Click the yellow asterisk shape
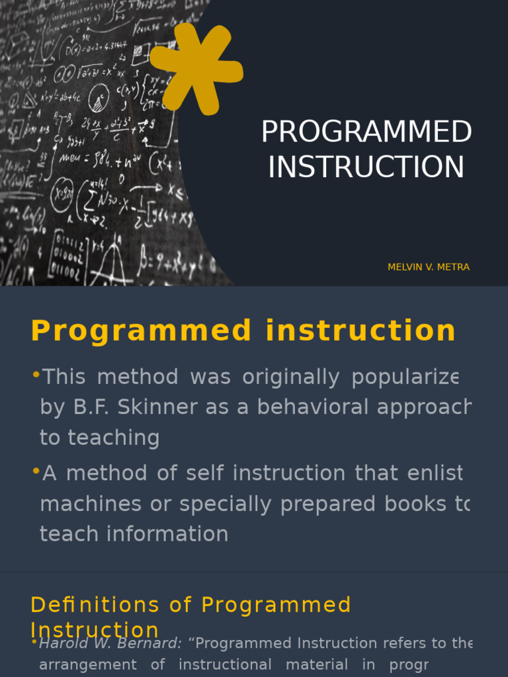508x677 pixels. click(x=196, y=68)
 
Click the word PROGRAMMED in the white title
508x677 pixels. click(x=366, y=132)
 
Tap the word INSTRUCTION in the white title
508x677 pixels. click(x=366, y=167)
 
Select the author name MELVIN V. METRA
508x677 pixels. click(x=429, y=267)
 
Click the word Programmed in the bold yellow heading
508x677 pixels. click(x=141, y=331)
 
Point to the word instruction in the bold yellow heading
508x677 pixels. click(x=360, y=331)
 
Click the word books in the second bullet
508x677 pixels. click(x=413, y=504)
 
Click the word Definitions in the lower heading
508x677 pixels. click(x=95, y=605)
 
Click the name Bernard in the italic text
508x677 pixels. click(x=150, y=643)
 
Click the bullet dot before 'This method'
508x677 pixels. click(x=36, y=376)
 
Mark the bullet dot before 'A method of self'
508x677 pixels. click(x=36, y=472)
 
